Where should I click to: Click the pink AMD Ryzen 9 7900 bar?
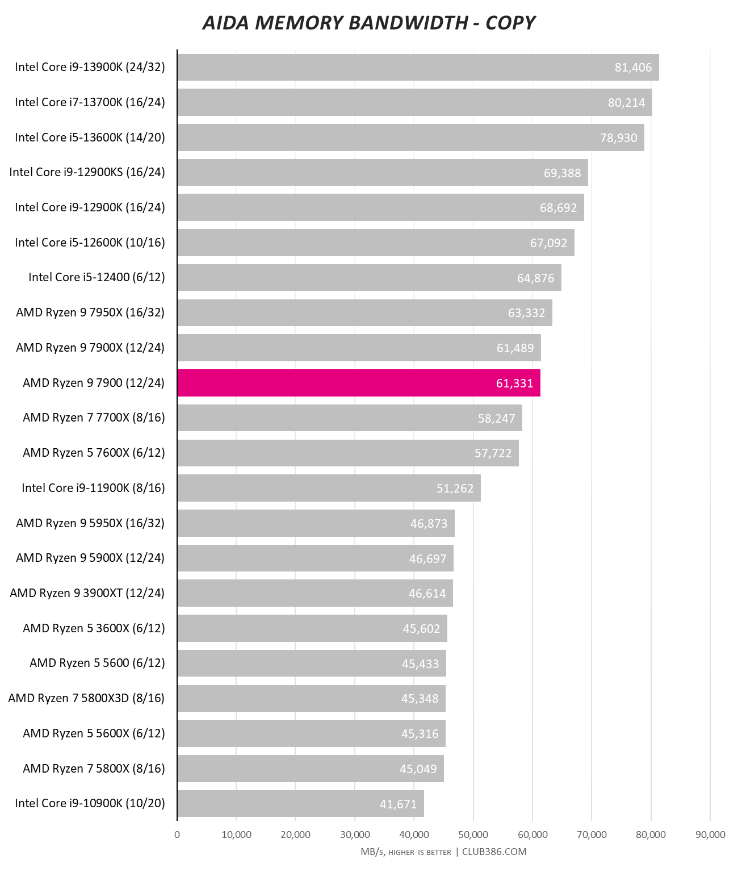[359, 383]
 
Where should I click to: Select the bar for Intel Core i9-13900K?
[418, 67]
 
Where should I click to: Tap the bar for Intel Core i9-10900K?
[300, 803]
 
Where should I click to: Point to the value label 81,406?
[633, 68]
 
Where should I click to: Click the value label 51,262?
[455, 489]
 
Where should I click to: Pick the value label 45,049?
[418, 769]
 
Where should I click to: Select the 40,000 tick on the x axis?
[414, 835]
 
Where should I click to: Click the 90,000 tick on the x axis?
[710, 835]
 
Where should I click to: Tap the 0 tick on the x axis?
[177, 835]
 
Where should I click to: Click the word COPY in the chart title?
[510, 23]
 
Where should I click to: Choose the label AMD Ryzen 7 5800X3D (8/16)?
[86, 698]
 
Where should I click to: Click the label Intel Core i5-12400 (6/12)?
[97, 277]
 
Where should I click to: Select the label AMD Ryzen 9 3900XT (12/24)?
[87, 593]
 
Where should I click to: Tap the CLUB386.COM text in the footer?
[494, 852]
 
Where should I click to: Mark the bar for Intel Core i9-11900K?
[329, 488]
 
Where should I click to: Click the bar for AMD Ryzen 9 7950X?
[364, 312]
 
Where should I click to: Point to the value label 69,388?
[562, 173]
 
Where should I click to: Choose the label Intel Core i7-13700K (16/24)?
[90, 102]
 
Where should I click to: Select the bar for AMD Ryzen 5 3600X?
[312, 628]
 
